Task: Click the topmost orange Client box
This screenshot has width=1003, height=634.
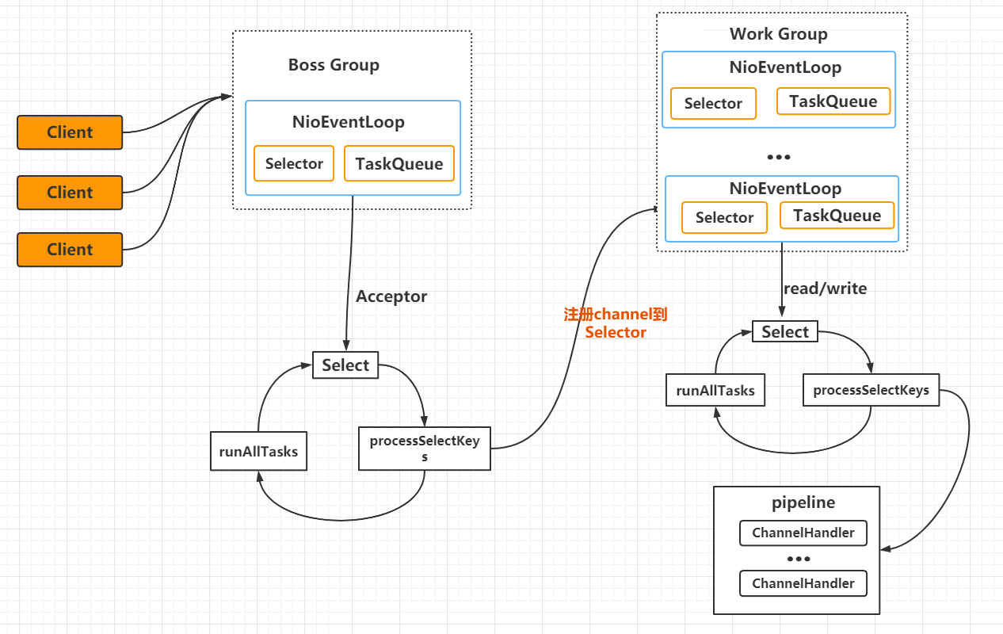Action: tap(70, 132)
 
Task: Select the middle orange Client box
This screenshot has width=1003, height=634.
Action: tap(70, 193)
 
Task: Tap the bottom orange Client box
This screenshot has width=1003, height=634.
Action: tap(70, 250)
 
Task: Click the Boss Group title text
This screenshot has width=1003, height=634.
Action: tap(334, 65)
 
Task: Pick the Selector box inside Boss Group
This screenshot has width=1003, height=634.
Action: tap(294, 163)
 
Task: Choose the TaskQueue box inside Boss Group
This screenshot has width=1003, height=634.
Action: tap(399, 163)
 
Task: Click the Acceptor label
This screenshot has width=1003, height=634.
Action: tap(391, 296)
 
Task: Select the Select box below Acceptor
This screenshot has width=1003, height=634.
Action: tap(345, 365)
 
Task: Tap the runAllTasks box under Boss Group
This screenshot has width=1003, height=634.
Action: tap(258, 451)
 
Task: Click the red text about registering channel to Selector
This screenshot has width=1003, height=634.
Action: tap(616, 323)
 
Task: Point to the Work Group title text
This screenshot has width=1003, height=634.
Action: tap(778, 33)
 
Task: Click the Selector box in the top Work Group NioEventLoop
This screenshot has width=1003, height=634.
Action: tap(713, 103)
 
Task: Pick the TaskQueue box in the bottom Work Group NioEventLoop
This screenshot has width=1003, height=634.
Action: tap(837, 216)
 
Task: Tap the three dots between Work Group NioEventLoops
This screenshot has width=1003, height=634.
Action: tap(779, 157)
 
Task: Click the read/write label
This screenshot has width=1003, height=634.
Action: tap(826, 288)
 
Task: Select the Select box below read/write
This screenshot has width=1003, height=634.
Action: tap(785, 331)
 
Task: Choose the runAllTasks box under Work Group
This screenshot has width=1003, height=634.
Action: tap(715, 390)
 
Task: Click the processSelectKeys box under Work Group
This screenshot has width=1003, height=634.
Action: tap(871, 390)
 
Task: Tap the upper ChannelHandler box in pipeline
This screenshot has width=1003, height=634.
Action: tap(803, 533)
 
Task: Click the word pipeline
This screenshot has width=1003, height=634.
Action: tap(803, 502)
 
